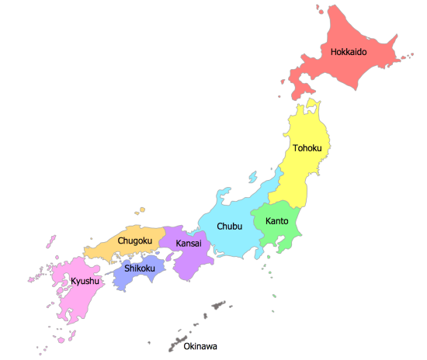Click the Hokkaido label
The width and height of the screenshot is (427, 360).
348,53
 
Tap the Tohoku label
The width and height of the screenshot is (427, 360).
308,147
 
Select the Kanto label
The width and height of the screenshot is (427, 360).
277,221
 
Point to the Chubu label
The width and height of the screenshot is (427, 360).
229,227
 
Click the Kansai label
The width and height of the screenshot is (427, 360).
189,244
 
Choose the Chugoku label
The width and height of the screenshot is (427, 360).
134,241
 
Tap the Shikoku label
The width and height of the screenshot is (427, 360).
140,269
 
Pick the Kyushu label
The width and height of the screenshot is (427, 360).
85,281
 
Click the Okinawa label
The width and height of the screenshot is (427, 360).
200,346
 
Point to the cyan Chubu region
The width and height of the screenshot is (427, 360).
233,244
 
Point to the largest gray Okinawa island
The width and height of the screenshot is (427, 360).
213,308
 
